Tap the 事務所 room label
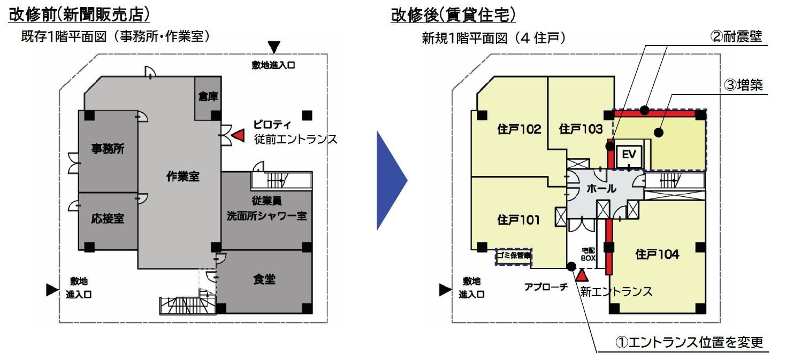(107, 149)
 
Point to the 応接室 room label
(107, 219)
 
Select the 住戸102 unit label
(519, 129)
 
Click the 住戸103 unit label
(581, 129)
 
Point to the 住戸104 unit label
(657, 255)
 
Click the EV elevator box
(629, 155)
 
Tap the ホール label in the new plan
(601, 188)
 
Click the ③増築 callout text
(743, 85)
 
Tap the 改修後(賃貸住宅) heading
(453, 14)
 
